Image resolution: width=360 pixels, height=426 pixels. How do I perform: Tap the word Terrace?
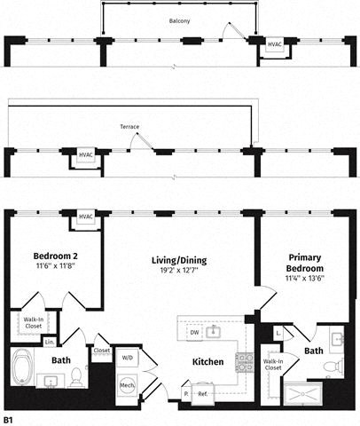coord(129,127)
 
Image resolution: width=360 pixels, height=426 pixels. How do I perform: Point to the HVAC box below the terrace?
coord(86,156)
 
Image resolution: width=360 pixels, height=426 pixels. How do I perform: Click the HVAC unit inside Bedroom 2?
coord(86,217)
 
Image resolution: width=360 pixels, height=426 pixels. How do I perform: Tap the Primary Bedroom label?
coord(305,262)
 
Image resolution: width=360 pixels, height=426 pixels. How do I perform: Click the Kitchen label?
coord(207,361)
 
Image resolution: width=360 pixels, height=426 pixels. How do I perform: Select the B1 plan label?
coord(10,417)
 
